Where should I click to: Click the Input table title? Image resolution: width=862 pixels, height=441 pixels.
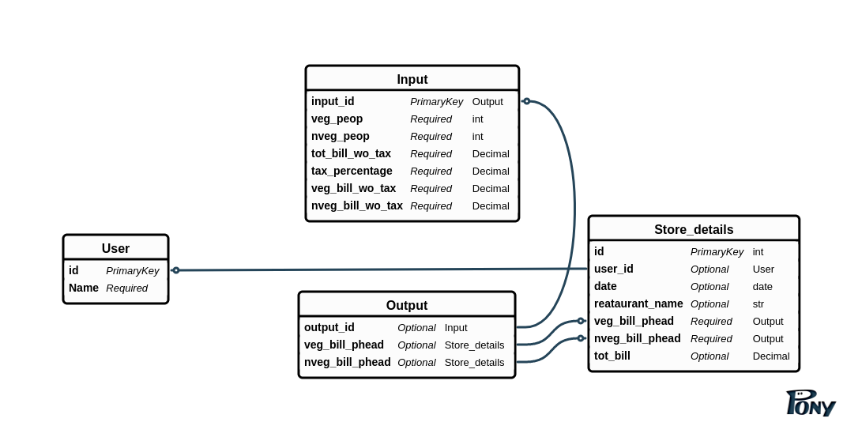412,79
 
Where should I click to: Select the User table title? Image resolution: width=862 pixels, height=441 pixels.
115,248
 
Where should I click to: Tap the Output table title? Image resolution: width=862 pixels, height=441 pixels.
406,305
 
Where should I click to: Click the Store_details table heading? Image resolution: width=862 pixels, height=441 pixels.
693,229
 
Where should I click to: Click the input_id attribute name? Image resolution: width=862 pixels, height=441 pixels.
333,101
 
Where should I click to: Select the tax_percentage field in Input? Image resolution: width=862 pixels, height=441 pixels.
352,171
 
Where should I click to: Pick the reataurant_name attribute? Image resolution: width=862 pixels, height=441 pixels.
638,303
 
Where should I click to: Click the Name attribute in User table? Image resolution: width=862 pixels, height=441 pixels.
84,288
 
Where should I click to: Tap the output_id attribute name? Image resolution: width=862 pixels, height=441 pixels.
329,327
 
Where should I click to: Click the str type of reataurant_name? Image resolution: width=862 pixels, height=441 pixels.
758,303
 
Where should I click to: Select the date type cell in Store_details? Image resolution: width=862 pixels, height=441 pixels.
762,286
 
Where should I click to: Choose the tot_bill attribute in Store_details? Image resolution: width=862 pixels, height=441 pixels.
612,356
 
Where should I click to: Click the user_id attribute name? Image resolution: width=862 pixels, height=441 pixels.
614,269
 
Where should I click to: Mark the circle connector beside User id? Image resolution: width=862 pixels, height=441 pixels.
176,270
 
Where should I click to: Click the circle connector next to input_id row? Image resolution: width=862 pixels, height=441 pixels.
527,101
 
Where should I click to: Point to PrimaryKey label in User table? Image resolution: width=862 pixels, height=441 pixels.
132,270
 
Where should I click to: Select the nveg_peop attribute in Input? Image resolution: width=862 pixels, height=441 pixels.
341,136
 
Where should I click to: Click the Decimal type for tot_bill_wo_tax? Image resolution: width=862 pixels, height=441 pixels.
491,153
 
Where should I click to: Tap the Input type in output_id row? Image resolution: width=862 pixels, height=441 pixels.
456,327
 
